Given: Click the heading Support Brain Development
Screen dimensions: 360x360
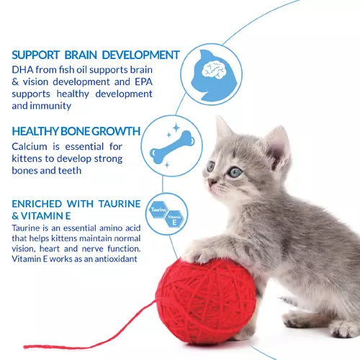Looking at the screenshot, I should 96,55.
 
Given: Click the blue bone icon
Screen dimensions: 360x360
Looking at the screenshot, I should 171,146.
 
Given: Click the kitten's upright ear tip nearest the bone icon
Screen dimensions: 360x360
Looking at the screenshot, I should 220,119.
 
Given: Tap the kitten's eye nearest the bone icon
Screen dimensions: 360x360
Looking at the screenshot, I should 210,166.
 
